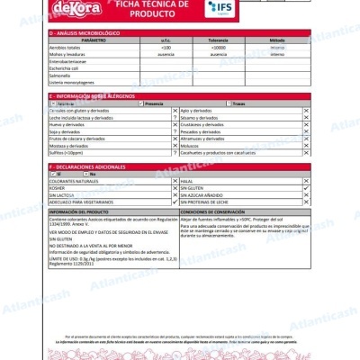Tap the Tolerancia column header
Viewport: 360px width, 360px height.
tap(217, 40)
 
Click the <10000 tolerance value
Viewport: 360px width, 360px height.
tap(217, 47)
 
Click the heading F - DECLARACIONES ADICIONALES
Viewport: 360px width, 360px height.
tap(91, 166)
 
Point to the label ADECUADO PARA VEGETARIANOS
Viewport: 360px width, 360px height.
tap(82, 201)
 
